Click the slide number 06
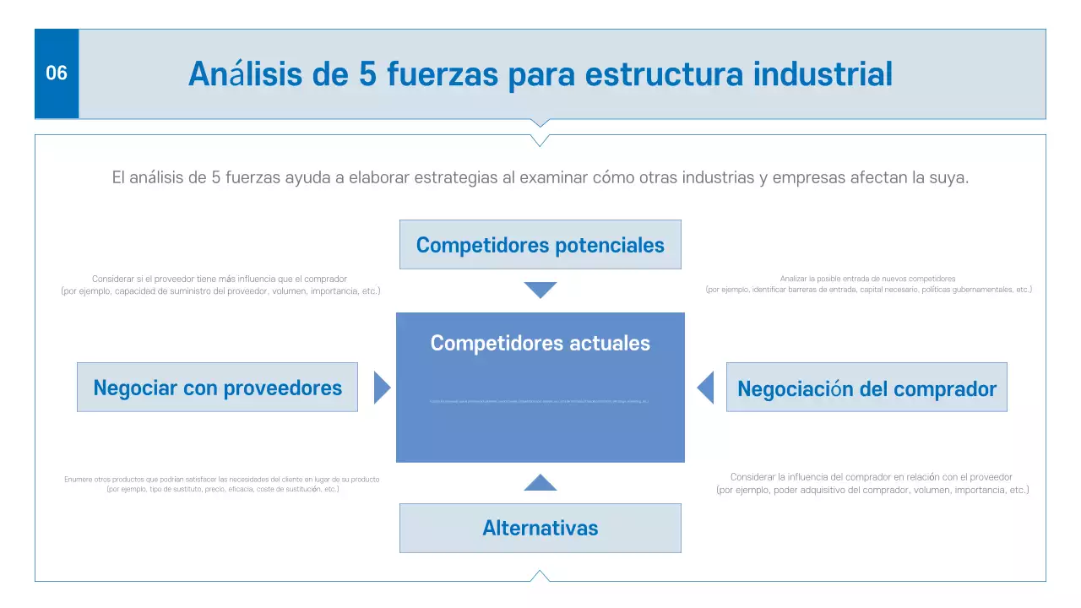[x=56, y=73]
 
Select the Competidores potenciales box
[x=540, y=245]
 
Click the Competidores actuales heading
[x=540, y=343]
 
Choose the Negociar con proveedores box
[x=217, y=388]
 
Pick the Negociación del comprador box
[x=866, y=388]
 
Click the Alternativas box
[x=540, y=528]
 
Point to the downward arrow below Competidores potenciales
[x=540, y=290]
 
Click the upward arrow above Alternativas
[x=540, y=483]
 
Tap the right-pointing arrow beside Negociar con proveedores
[x=381, y=388]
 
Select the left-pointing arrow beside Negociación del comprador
[x=706, y=388]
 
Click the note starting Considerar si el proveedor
[x=220, y=285]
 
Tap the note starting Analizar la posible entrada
[x=868, y=284]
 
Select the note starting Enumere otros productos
[x=222, y=484]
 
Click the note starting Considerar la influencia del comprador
[x=872, y=483]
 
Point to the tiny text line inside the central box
[x=540, y=401]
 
